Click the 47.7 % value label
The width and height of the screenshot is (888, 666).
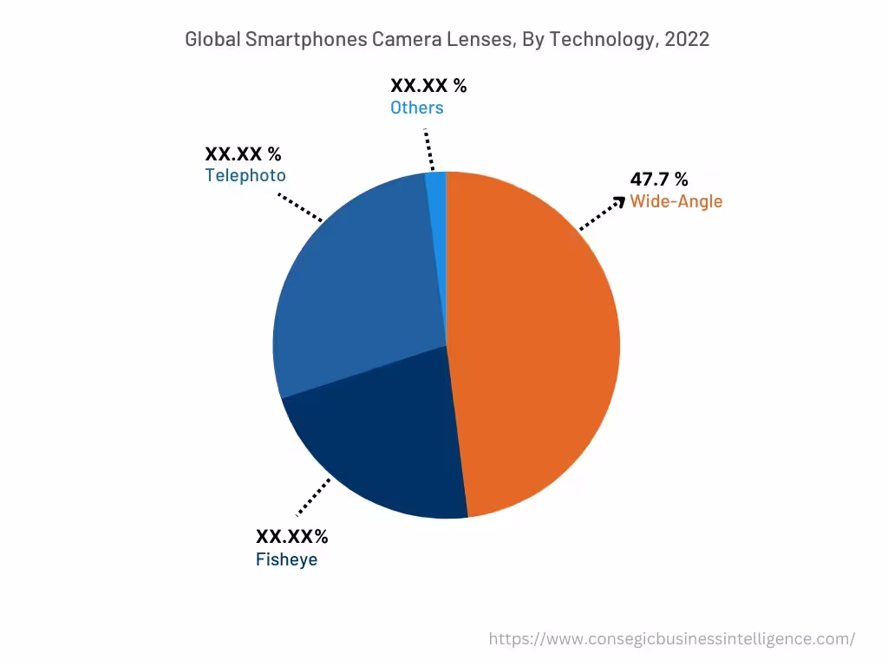coord(659,180)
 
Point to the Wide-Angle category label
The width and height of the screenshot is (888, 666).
coord(676,201)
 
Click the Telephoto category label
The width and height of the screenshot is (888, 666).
coord(245,175)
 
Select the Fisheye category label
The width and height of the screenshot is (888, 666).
coord(286,559)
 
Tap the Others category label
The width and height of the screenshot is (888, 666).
coord(416,108)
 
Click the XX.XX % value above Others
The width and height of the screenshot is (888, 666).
coord(428,85)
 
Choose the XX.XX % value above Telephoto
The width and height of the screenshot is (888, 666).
coord(243,154)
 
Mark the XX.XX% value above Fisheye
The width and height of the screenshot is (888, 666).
coord(291,537)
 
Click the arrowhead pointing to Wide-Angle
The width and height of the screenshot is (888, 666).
coord(618,201)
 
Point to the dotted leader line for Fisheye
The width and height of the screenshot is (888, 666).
coord(314,497)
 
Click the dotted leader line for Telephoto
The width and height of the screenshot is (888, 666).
coord(300,207)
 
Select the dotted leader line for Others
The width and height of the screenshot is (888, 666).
coord(428,151)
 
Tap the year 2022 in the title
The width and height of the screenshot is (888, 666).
coord(687,39)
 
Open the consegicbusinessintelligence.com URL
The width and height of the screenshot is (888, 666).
coord(671,639)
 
